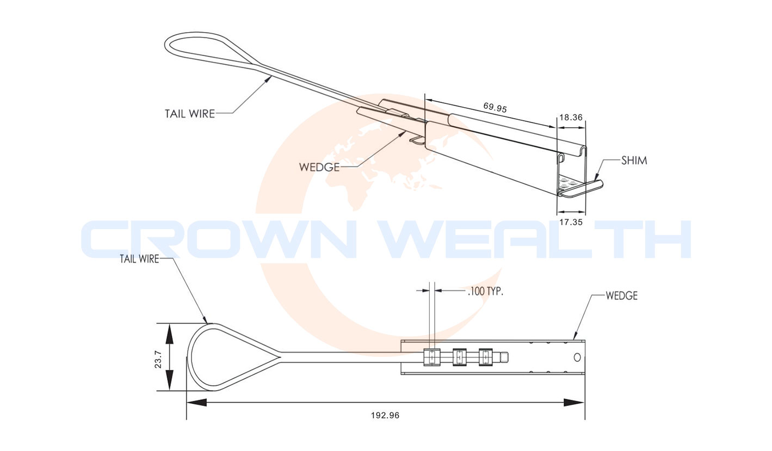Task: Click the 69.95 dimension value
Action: (495, 108)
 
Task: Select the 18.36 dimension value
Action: (571, 117)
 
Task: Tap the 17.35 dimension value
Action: (571, 223)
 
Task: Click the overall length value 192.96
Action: (385, 415)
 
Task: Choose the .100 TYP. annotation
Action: (485, 292)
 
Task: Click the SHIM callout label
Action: (634, 160)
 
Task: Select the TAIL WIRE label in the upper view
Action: (190, 114)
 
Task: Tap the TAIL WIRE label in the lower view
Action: (139, 259)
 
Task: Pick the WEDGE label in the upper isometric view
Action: (319, 167)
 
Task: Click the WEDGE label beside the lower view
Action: (621, 296)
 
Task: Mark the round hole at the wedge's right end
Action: (577, 357)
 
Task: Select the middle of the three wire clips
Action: (460, 357)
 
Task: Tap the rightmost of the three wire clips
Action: (485, 357)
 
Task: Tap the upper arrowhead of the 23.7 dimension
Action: (169, 332)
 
